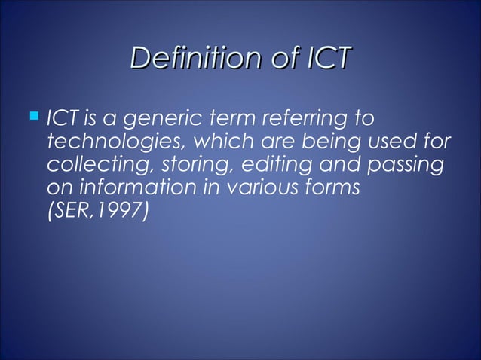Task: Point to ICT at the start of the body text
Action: click(60, 119)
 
